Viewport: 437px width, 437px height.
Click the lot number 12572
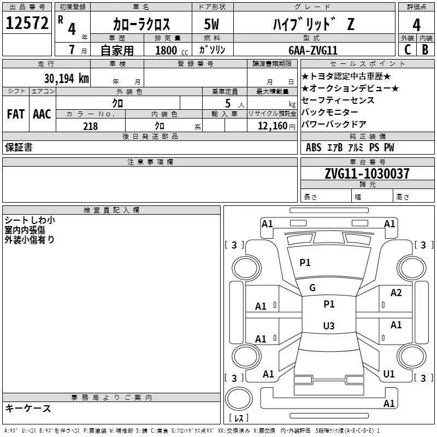(26, 24)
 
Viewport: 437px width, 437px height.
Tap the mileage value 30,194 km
(67, 78)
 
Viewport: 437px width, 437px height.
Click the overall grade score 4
(416, 25)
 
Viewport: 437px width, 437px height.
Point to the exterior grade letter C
(406, 50)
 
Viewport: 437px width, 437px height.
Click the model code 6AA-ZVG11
(313, 50)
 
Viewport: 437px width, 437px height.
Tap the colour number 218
(90, 126)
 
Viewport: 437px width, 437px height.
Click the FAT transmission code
(16, 114)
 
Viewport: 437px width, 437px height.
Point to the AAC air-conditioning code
(42, 114)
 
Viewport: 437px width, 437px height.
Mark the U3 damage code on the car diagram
(328, 326)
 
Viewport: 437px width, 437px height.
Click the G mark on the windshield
(312, 288)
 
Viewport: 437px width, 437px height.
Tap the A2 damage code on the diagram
(396, 293)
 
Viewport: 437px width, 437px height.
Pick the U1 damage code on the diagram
(389, 374)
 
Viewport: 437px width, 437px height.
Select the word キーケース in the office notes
(28, 409)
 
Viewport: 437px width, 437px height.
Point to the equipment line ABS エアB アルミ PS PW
(350, 147)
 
